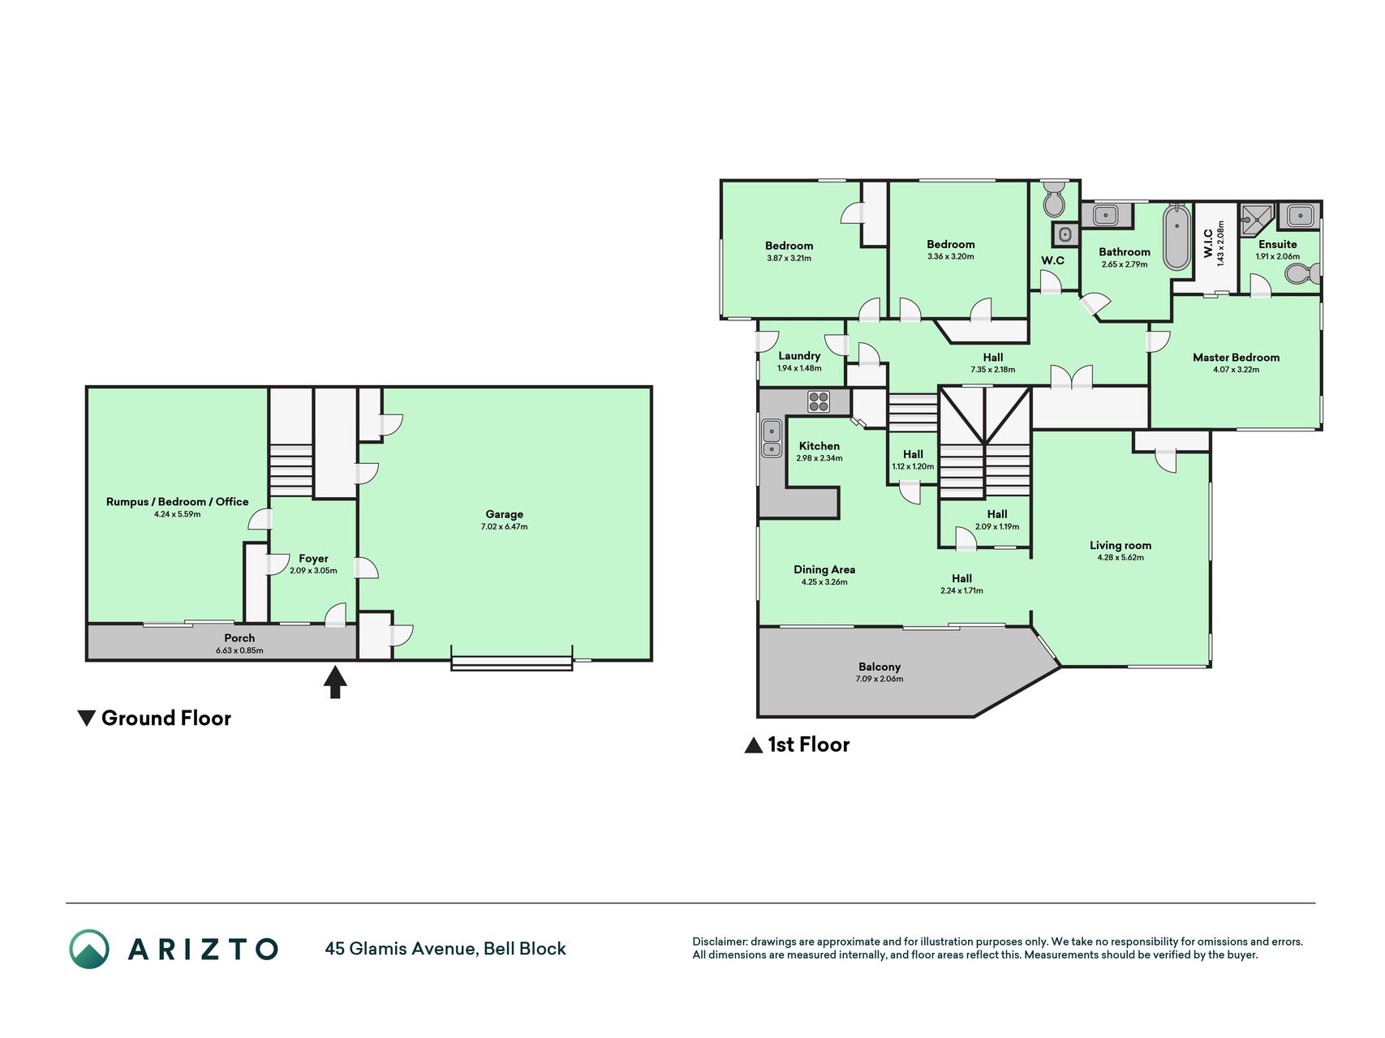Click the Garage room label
pos(504,514)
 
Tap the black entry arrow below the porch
pos(335,682)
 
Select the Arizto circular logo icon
pos(89,949)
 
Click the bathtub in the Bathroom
pos(1176,238)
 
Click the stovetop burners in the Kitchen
pos(819,401)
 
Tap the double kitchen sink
pos(772,439)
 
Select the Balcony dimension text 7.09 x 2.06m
pos(880,680)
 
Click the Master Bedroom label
pos(1236,358)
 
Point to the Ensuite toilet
pos(1303,274)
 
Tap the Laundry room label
pos(799,356)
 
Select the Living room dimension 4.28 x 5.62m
pos(1120,558)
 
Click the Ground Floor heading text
pos(166,718)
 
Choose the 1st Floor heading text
pos(809,744)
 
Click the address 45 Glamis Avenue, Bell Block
pos(445,949)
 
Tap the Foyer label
pos(313,559)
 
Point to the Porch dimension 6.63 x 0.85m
pos(239,650)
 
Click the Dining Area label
pos(824,570)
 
